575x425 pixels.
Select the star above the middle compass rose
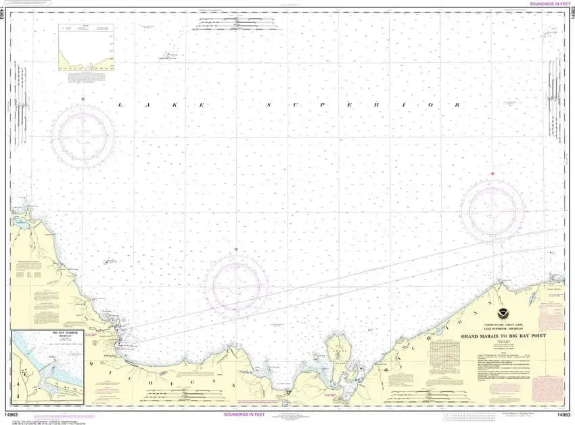click(x=235, y=250)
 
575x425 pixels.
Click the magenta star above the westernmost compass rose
click(x=83, y=99)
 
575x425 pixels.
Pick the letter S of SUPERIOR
click(x=269, y=105)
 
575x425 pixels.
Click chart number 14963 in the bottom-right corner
click(x=560, y=414)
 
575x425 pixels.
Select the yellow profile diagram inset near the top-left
click(x=86, y=47)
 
